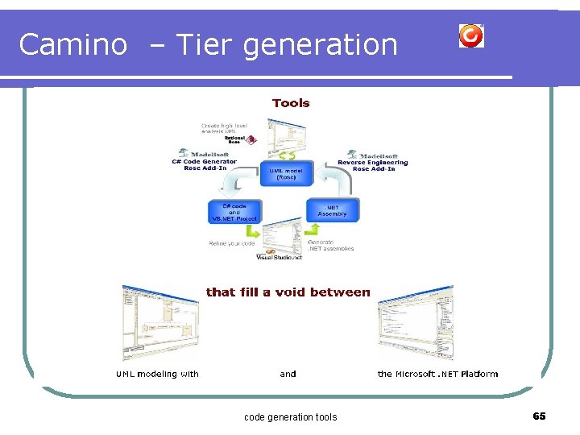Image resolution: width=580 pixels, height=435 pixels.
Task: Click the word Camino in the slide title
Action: [72, 44]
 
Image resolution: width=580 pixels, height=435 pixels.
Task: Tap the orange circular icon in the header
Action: [471, 35]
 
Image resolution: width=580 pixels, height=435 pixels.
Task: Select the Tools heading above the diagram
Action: [291, 103]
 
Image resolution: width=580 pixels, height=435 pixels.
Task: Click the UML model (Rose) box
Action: [285, 173]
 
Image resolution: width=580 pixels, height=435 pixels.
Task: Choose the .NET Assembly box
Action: [332, 210]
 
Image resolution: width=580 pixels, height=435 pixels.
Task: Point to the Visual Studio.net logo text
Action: [280, 257]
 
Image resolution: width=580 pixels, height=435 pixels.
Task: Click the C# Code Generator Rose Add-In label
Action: [204, 162]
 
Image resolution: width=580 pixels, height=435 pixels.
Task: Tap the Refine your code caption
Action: [232, 242]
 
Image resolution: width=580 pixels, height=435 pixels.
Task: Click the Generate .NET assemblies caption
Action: [330, 245]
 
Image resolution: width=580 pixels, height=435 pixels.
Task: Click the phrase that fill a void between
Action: [288, 292]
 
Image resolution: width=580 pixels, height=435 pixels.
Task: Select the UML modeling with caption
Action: [157, 374]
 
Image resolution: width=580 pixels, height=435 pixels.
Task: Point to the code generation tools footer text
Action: [290, 416]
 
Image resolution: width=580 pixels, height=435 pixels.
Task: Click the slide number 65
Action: [539, 416]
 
